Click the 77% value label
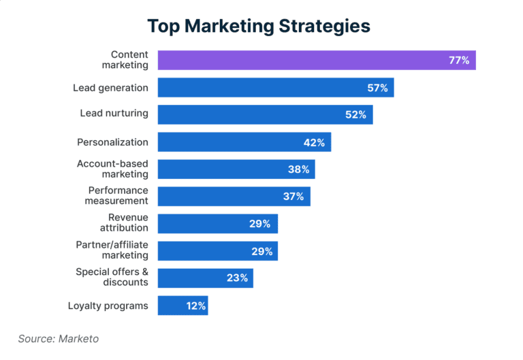pyautogui.click(x=458, y=60)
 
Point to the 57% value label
pyautogui.click(x=377, y=88)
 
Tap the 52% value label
pyautogui.click(x=355, y=115)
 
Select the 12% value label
pyautogui.click(x=195, y=306)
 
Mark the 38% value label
pyautogui.click(x=298, y=169)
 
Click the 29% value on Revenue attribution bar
pyautogui.click(x=261, y=223)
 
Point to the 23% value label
pyautogui.click(x=238, y=278)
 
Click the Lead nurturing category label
pyautogui.click(x=114, y=113)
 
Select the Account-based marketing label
pyautogui.click(x=112, y=169)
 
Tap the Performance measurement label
pyautogui.click(x=116, y=195)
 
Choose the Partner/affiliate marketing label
pyautogui.click(x=112, y=250)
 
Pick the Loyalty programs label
pyautogui.click(x=108, y=306)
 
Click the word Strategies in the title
pyautogui.click(x=323, y=26)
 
